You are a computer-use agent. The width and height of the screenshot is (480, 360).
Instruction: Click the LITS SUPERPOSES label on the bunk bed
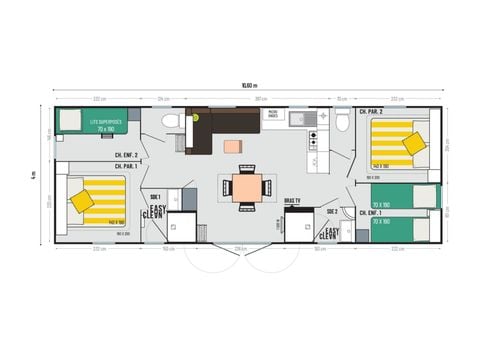(104, 121)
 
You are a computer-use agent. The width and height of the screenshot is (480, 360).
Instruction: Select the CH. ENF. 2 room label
(126, 155)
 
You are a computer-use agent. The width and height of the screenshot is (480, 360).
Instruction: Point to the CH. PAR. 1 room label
(126, 166)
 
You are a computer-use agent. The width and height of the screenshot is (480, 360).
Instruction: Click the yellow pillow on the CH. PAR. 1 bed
(82, 201)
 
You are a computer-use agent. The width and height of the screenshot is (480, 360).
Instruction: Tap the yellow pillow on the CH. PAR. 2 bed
(414, 143)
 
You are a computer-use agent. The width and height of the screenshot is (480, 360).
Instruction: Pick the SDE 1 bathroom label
(155, 195)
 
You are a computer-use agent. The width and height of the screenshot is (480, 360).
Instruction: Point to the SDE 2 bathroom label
(331, 211)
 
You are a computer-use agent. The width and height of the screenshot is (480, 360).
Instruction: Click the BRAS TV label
(292, 200)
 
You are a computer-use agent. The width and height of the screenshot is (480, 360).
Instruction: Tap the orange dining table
(246, 186)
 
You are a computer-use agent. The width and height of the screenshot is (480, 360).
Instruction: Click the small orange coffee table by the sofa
(233, 146)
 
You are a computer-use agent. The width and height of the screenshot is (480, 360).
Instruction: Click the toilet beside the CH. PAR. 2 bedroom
(342, 121)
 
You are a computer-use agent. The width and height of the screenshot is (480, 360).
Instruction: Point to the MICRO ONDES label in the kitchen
(272, 113)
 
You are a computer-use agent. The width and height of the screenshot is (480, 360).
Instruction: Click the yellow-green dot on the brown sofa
(197, 117)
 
